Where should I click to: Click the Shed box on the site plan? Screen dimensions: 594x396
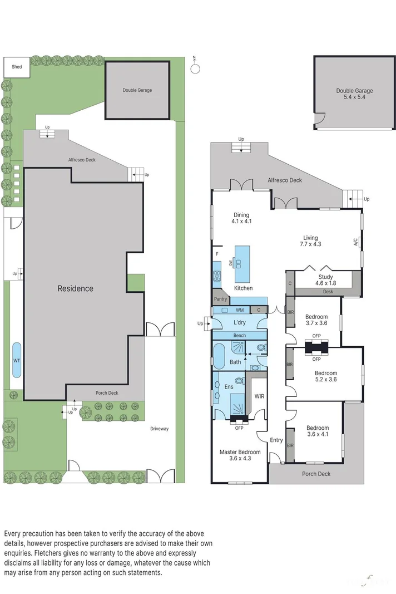[x=17, y=67]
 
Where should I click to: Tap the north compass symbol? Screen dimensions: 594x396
[x=195, y=68]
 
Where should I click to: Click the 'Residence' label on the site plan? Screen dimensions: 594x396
[x=76, y=288]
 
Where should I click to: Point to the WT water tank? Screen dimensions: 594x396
[x=17, y=361]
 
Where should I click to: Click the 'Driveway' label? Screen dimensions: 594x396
[x=159, y=428]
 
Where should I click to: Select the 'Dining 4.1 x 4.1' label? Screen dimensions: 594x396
[x=241, y=218]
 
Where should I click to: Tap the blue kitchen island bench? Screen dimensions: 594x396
[x=242, y=264]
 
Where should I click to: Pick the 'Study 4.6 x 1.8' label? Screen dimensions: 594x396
[x=325, y=280]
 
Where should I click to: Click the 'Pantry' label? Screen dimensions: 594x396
[x=220, y=299]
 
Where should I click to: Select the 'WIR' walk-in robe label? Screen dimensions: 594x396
[x=259, y=396]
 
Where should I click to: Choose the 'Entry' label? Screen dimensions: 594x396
[x=276, y=440]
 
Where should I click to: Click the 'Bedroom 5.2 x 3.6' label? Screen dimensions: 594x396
[x=325, y=376]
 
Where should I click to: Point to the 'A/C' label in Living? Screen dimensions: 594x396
[x=355, y=242]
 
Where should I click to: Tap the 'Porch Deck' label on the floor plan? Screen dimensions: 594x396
[x=316, y=474]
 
